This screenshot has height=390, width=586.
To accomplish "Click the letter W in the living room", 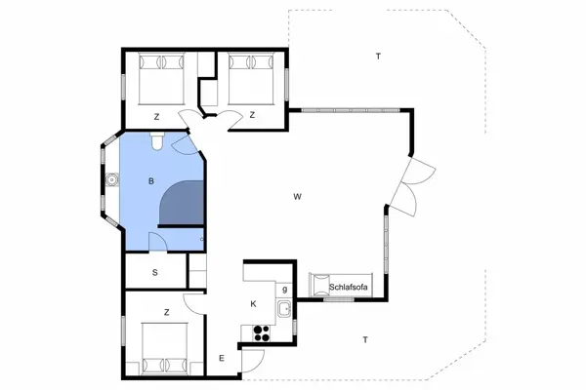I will coord(296,198).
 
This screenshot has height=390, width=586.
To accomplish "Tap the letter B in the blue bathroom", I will coord(151,181).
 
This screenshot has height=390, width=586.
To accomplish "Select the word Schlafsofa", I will coord(350,288).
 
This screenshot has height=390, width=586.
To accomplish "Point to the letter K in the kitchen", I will coord(253,304).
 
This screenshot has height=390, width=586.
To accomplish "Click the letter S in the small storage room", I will coord(154,272).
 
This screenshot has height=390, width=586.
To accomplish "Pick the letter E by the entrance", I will coord(222,359).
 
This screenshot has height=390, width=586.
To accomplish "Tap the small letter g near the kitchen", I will coord(283,289).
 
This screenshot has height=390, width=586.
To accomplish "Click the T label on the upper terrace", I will coord(378,57).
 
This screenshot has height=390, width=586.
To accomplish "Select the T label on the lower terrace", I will coord(364,339).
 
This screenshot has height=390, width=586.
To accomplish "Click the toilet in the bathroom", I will coord(157,144).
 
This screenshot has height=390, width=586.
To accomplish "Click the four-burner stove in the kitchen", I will coord(261,331).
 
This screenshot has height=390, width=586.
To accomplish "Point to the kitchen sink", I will coord(282,310).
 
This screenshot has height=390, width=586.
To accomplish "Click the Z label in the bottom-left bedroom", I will coord(168,312).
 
